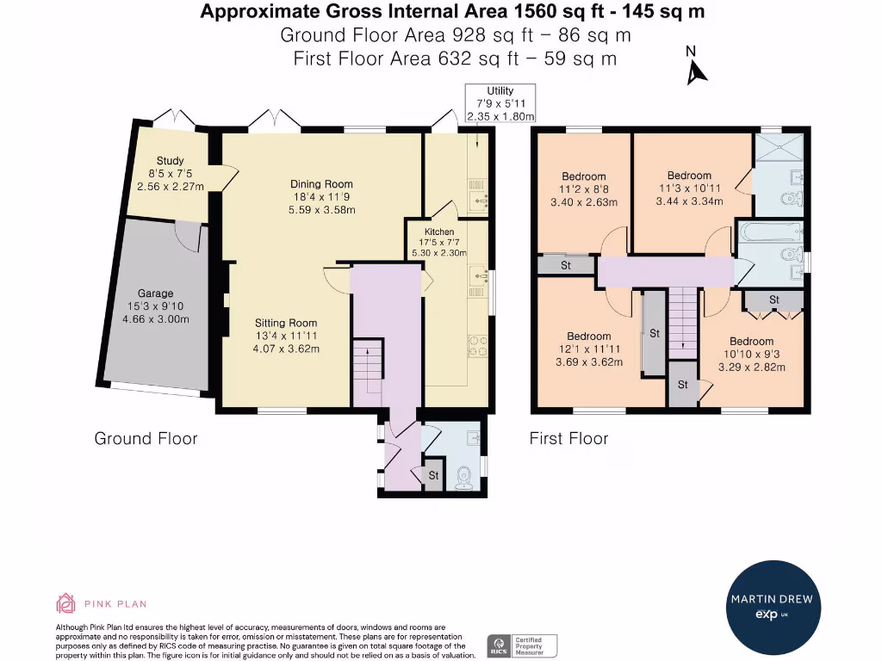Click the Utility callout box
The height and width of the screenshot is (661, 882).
(x=500, y=103)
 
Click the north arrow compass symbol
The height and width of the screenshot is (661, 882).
(x=695, y=69)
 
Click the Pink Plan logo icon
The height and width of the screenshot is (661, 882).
(x=66, y=602)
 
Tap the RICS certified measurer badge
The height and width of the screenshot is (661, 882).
(x=523, y=646)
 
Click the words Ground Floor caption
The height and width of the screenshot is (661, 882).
(x=146, y=439)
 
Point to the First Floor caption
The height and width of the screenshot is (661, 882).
(x=568, y=439)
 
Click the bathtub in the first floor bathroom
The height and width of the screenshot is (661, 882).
(x=770, y=232)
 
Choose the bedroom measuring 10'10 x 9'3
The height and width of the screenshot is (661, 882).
(x=751, y=354)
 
